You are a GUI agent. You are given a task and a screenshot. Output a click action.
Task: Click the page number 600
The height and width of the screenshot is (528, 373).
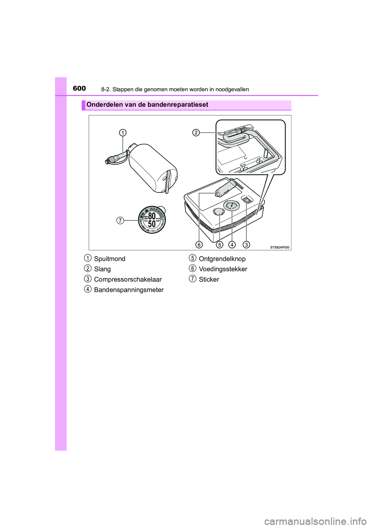(x=79, y=88)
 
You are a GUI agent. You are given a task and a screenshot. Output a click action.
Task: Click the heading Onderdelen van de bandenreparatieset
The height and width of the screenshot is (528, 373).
(x=147, y=105)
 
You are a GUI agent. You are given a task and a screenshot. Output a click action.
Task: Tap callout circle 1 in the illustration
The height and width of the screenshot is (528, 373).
(x=122, y=133)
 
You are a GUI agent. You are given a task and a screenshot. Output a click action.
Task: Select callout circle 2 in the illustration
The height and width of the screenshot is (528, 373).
(x=196, y=133)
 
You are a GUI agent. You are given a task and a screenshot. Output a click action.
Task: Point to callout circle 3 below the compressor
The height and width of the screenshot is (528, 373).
(x=246, y=245)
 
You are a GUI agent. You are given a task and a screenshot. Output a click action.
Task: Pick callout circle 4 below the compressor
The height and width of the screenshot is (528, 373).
(x=232, y=245)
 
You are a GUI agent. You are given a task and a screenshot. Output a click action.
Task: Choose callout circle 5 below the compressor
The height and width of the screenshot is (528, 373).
(x=220, y=245)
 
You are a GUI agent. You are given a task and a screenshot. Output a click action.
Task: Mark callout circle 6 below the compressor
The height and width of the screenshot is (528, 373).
(x=199, y=245)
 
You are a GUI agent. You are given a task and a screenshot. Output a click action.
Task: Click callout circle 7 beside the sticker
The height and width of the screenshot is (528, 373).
(x=120, y=220)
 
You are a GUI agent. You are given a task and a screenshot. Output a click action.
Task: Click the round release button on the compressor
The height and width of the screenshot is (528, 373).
(x=219, y=211)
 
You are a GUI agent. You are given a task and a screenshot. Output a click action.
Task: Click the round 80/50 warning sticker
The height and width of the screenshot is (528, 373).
(x=152, y=220)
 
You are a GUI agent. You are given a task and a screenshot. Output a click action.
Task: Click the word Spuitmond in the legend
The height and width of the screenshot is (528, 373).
(x=110, y=259)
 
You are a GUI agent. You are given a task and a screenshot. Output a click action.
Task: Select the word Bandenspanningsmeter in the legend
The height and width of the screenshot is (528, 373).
(x=129, y=290)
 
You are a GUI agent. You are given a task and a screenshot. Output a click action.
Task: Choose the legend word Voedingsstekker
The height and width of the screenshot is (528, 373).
(x=223, y=269)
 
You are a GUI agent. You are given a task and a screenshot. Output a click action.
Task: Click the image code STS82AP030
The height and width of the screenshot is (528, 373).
(x=280, y=247)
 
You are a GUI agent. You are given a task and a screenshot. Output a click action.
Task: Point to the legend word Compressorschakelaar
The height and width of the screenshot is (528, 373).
(x=128, y=280)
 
